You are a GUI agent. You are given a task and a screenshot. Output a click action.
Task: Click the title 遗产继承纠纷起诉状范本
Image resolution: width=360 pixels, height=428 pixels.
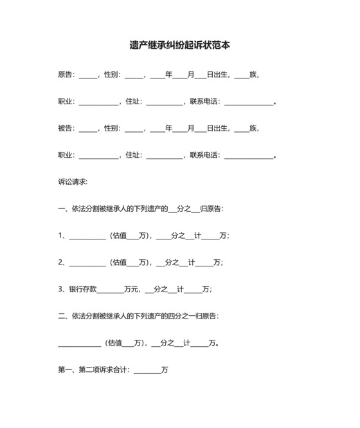(x=180, y=46)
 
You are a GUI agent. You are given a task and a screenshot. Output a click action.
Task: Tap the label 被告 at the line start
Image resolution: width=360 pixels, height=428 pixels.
(x=65, y=128)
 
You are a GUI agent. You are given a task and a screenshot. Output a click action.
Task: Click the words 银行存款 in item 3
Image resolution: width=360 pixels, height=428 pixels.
(x=83, y=290)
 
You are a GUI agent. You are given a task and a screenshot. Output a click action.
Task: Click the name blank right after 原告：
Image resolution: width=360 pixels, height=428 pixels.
(x=87, y=75)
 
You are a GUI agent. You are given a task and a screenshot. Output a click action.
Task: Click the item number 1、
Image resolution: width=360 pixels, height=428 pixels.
(x=62, y=236)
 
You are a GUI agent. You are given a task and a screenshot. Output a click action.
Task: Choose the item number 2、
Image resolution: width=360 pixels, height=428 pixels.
(x=62, y=263)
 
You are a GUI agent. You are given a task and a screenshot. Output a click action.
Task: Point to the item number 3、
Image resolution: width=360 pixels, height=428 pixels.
(x=62, y=290)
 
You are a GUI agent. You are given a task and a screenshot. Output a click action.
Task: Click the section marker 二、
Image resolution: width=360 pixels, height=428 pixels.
(x=64, y=316)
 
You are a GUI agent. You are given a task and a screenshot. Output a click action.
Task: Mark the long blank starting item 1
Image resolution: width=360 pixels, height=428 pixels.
(x=87, y=237)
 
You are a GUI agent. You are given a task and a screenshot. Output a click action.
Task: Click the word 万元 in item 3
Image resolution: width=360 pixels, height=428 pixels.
(x=132, y=290)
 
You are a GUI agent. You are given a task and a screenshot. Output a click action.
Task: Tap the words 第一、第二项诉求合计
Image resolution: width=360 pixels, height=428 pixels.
(x=93, y=370)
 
